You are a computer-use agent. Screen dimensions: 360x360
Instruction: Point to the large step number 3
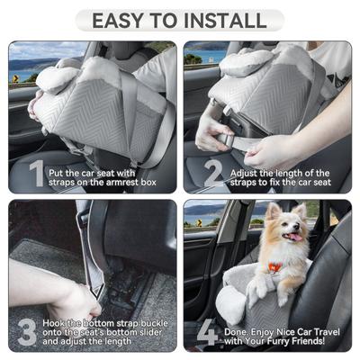27,330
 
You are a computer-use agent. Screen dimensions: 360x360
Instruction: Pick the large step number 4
206,330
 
